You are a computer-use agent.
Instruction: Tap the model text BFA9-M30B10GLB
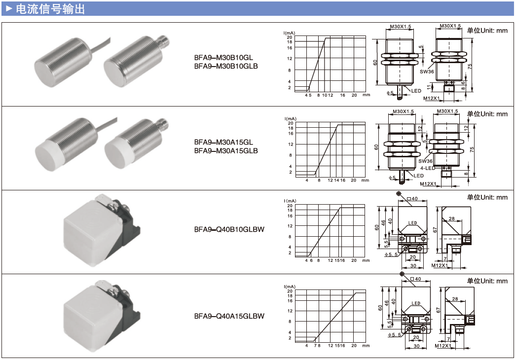(225, 66)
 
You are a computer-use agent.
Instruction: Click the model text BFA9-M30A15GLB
(225, 150)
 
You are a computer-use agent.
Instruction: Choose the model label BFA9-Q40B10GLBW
(229, 229)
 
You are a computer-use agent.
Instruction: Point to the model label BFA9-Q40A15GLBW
(229, 316)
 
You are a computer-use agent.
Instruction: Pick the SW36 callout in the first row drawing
(427, 71)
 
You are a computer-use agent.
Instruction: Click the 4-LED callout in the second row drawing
(427, 168)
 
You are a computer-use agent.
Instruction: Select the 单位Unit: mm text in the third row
(487, 198)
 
